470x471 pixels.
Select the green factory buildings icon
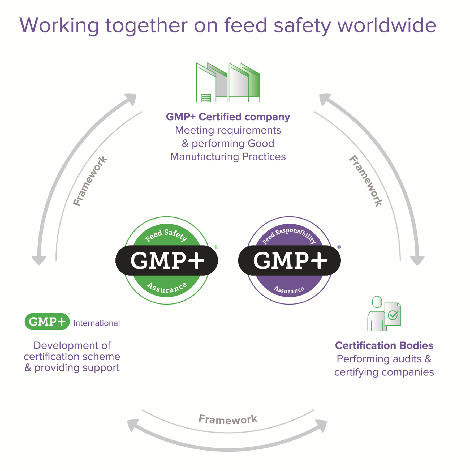tap(228, 83)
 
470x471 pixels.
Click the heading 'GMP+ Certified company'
tap(228, 117)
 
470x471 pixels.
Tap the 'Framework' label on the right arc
tap(366, 181)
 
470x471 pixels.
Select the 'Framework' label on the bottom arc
tap(228, 419)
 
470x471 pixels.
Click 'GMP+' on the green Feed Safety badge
tap(167, 260)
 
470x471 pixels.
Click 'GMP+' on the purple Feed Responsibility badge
tap(290, 260)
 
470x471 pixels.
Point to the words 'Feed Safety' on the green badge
tap(166, 235)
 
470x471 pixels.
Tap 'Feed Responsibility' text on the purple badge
tap(289, 235)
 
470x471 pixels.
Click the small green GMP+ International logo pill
tap(47, 322)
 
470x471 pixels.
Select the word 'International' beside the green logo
tap(97, 323)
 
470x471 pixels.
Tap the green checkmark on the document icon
tap(393, 315)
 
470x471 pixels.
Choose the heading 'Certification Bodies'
tap(384, 346)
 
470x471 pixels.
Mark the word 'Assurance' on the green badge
tap(167, 287)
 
